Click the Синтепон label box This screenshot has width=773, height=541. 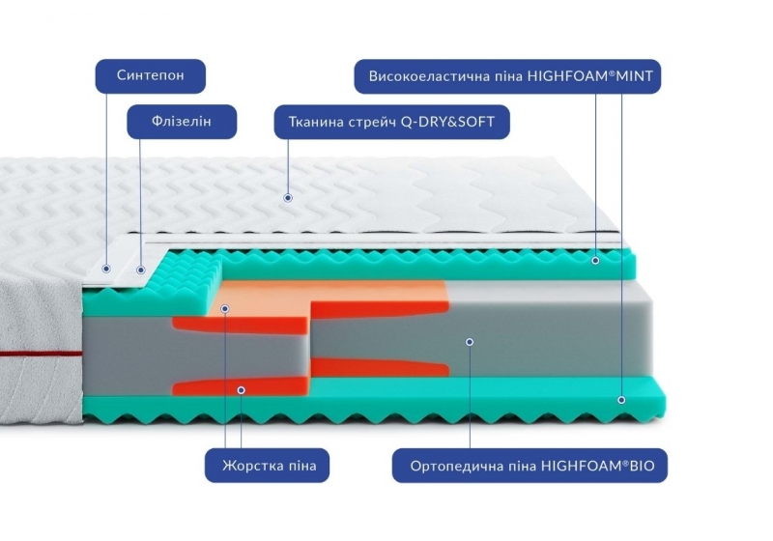tap(150, 74)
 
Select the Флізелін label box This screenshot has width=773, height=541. tap(182, 123)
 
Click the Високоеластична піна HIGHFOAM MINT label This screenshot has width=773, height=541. tap(507, 74)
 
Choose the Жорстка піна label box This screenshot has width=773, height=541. tap(268, 464)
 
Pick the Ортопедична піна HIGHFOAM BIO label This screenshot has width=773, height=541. tap(530, 464)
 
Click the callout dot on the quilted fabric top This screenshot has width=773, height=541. tap(288, 198)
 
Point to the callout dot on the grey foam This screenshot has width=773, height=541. tap(469, 341)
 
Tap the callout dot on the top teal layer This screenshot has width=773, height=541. tap(595, 260)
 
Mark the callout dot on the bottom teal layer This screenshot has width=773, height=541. tap(621, 398)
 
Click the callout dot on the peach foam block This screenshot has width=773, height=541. tap(225, 309)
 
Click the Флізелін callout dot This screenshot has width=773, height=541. tap(141, 270)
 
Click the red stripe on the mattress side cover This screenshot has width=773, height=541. tap(39, 355)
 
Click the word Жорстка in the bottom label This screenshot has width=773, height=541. tap(250, 464)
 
